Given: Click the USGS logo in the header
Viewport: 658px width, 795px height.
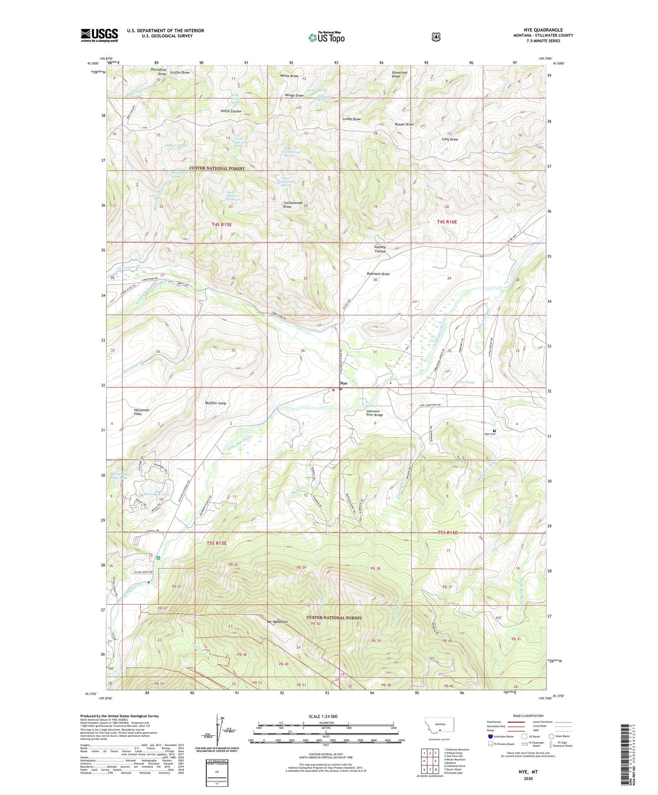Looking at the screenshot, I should [x=99, y=35].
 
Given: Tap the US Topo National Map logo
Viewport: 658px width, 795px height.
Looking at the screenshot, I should [x=326, y=37].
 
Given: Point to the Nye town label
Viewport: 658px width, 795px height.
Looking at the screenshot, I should [x=343, y=383].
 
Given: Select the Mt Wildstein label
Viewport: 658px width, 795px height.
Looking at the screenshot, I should [x=278, y=622].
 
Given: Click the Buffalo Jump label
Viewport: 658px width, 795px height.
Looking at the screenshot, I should [x=215, y=403].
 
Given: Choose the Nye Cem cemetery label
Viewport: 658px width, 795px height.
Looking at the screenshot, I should [x=490, y=434].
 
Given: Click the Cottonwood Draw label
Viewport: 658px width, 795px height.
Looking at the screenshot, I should [x=293, y=204].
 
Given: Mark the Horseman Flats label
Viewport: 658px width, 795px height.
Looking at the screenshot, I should [x=142, y=412].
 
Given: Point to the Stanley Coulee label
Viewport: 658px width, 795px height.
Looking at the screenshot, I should [x=380, y=249].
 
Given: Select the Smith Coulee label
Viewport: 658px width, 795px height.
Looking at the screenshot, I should [x=231, y=111].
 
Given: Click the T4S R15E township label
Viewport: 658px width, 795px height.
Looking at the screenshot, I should [x=222, y=224].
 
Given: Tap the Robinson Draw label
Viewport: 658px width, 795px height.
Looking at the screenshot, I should [x=378, y=274].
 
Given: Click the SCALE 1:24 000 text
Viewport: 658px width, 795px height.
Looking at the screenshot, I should [x=323, y=716].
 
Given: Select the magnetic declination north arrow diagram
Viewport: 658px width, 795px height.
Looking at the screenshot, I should [x=217, y=737].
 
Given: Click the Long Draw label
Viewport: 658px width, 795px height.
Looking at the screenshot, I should [x=450, y=139].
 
